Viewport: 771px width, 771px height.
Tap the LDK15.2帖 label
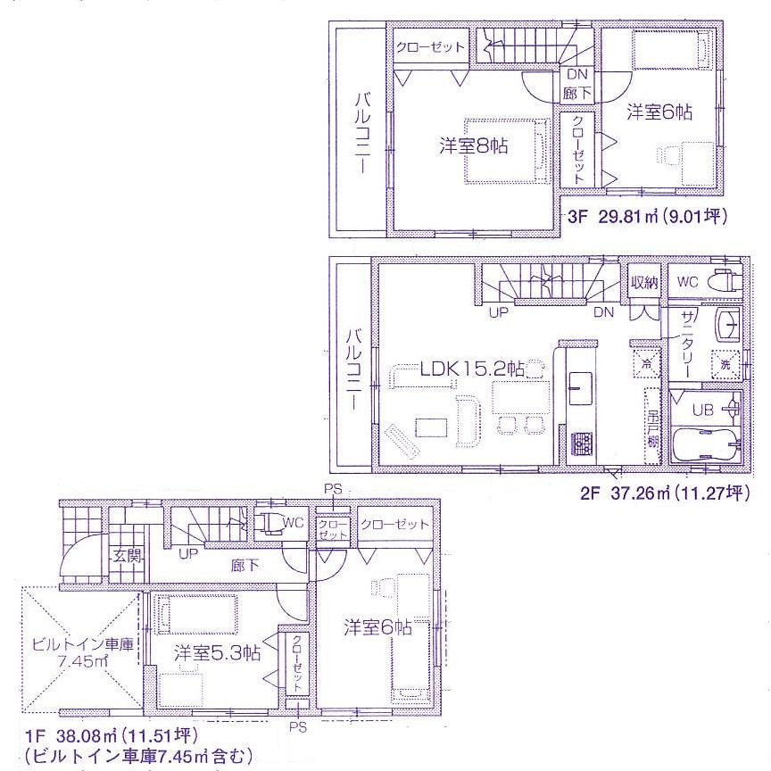(473, 367)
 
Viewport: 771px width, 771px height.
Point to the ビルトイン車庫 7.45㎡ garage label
(82, 652)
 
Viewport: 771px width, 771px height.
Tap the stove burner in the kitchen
(582, 441)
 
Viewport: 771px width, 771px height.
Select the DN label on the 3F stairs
(576, 77)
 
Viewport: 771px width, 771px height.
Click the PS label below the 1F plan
(298, 727)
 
